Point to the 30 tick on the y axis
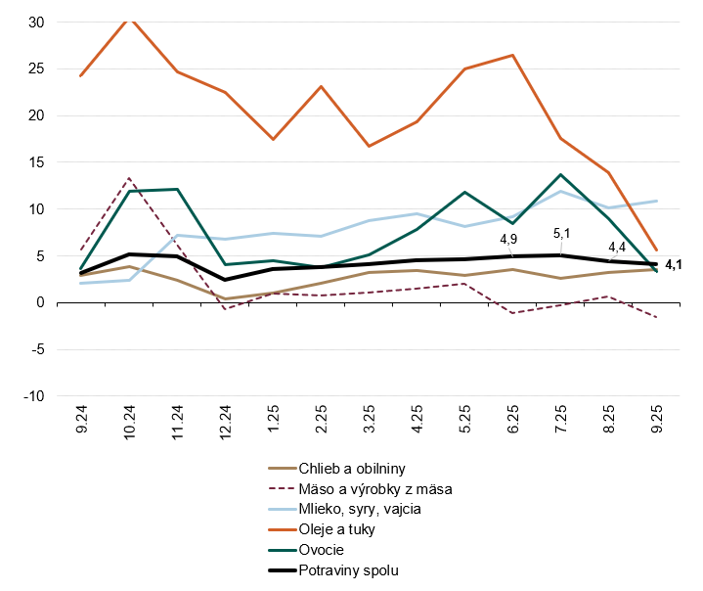35,23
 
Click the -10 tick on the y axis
32,396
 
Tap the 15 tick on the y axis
35,162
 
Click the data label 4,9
509,238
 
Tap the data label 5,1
562,233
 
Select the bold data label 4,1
674,264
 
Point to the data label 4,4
617,247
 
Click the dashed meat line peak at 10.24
129,178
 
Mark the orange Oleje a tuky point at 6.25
513,55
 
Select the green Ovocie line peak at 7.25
561,174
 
